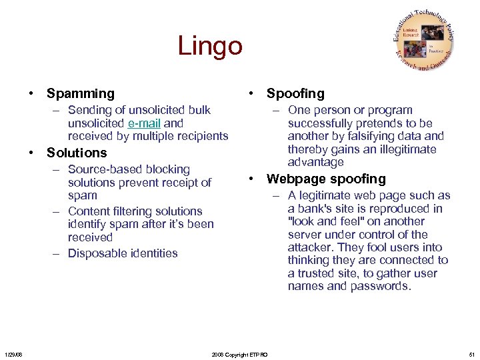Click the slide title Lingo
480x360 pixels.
pos(210,47)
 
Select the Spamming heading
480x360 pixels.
pos(81,94)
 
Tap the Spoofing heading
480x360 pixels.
pos(295,94)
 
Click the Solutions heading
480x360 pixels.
pos(77,153)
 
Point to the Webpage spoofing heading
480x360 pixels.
pos(326,179)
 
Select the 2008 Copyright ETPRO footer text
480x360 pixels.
pos(239,355)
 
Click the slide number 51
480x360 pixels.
pos(471,355)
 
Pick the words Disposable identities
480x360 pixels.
pos(123,253)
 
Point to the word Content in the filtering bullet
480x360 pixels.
pos(89,211)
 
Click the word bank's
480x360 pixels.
pos(316,209)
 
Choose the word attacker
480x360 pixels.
pos(310,247)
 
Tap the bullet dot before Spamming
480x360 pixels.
pos(32,94)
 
